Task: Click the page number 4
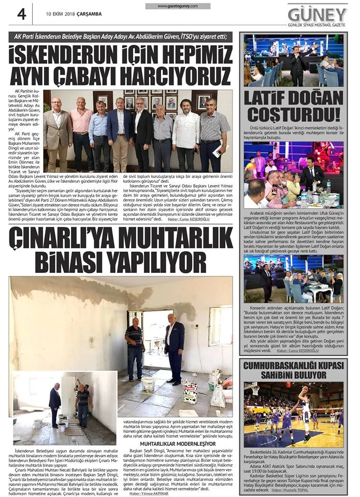pos(22,14)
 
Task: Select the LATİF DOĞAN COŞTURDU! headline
pos(293,106)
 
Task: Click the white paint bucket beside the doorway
pos(148,384)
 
